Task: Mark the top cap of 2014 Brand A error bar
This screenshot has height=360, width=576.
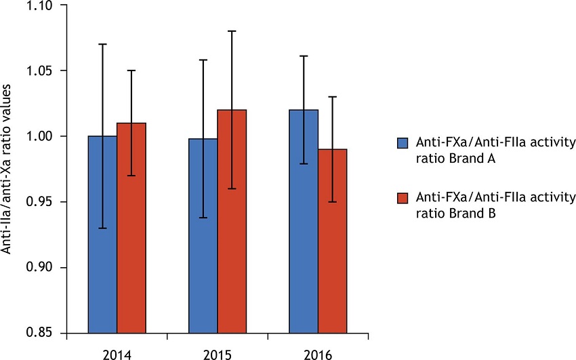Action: [103, 44]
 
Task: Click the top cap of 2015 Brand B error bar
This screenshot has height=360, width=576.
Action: [232, 31]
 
